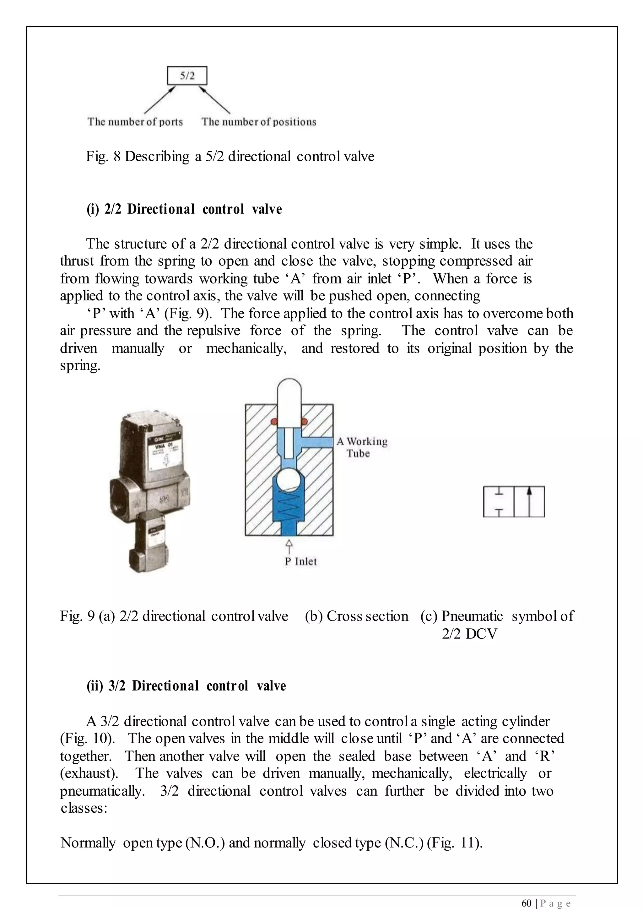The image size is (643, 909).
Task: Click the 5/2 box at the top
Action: [x=187, y=76]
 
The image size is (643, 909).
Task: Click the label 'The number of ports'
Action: [x=135, y=121]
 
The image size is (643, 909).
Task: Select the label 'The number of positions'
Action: [x=259, y=121]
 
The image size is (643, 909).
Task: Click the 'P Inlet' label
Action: [x=300, y=562]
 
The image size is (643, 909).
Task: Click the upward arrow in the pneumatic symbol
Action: [x=529, y=501]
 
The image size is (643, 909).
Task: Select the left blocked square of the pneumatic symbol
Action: [x=499, y=501]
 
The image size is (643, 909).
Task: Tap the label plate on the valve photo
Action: [x=165, y=451]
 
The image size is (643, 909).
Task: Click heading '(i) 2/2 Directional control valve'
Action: [x=184, y=209]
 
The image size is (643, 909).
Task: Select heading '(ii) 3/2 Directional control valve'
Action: [x=186, y=686]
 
